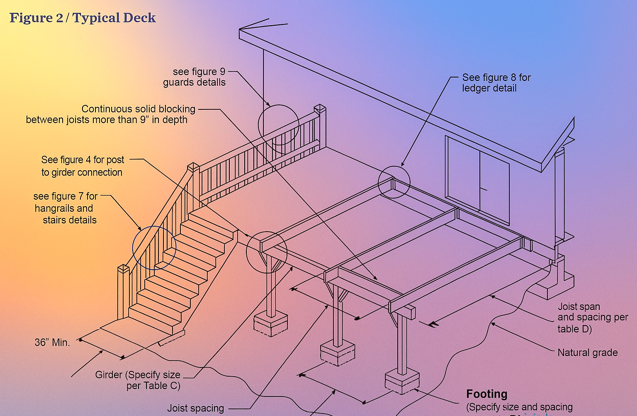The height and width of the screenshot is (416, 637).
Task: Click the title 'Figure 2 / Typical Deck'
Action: (x=83, y=18)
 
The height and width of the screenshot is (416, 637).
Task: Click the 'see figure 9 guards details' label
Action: (x=195, y=77)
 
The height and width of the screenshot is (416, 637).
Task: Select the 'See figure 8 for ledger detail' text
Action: (x=496, y=83)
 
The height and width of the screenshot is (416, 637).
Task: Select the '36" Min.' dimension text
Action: (x=52, y=342)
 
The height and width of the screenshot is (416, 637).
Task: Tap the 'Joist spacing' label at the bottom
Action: (x=195, y=408)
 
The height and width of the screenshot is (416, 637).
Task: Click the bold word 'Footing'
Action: (x=486, y=394)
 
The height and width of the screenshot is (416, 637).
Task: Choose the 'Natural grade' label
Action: (x=587, y=353)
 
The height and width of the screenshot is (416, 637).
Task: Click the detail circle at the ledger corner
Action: (x=394, y=182)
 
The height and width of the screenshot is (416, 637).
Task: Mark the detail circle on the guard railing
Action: (x=278, y=125)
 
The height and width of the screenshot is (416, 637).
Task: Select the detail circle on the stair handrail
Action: (x=154, y=248)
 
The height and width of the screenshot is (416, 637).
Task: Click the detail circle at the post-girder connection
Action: (x=267, y=252)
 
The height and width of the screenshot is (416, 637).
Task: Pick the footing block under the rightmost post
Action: (x=402, y=381)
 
